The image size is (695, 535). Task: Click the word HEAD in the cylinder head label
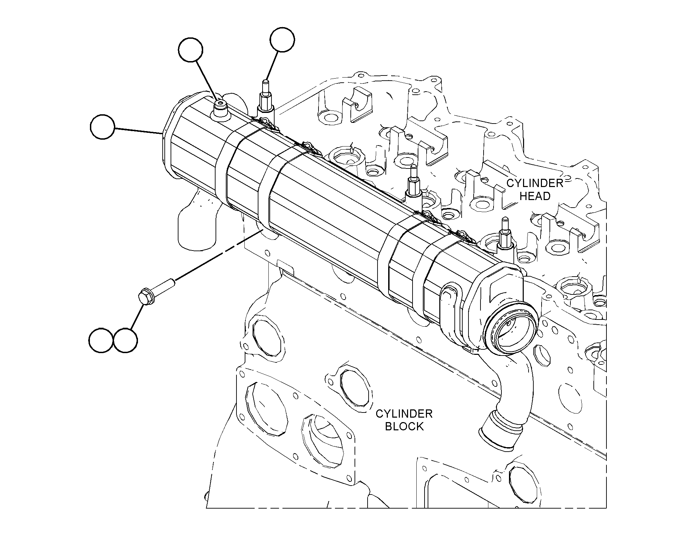pos(535,196)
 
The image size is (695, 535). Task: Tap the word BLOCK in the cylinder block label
pos(404,426)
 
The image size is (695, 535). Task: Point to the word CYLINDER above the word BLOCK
pos(404,414)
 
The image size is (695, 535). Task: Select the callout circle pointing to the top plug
pos(191,50)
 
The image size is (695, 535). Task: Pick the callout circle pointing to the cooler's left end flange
pos(102,127)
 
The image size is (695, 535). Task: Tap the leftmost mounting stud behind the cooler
pos(266,97)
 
